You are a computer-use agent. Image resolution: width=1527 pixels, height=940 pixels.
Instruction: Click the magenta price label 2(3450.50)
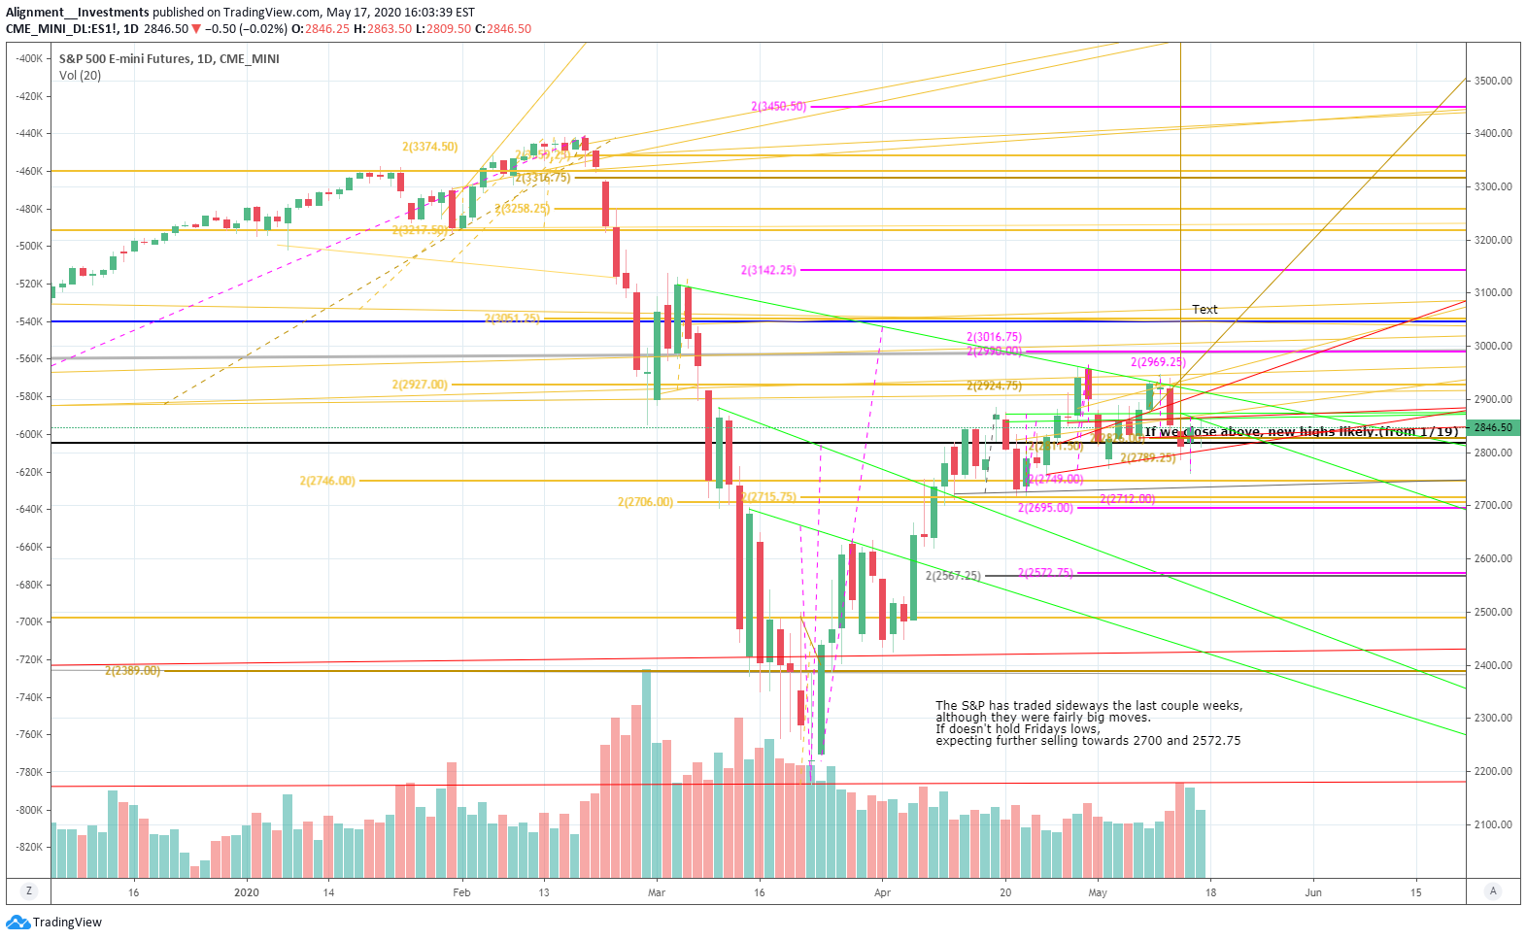pos(778,106)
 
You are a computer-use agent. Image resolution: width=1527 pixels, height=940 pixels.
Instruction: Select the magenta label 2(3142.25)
pos(768,270)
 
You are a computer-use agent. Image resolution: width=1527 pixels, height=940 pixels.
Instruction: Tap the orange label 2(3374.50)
pos(429,147)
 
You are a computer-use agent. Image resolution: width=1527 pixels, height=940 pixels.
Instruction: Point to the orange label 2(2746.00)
pos(327,481)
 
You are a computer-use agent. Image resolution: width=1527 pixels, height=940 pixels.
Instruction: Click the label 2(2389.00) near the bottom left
pos(132,670)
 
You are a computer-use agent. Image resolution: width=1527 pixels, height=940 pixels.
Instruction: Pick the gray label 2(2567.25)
pos(953,576)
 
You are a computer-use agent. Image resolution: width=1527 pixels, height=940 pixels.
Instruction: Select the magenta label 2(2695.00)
pos(1045,507)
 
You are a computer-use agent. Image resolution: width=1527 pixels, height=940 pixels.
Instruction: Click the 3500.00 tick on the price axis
pos(1493,81)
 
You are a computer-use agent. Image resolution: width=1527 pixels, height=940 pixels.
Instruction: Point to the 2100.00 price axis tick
pos(1493,824)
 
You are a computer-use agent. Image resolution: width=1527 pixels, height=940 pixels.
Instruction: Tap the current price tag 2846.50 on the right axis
pos(1493,427)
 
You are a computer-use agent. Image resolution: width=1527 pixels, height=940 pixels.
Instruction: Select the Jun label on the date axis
pos(1313,892)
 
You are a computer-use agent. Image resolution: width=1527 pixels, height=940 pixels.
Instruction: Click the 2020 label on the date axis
pos(247,892)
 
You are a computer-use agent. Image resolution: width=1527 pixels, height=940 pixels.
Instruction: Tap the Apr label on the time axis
pos(882,892)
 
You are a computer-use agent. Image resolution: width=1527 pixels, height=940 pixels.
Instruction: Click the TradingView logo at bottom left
pos(54,923)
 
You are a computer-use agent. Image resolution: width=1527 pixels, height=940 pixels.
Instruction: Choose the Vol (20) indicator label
pos(80,76)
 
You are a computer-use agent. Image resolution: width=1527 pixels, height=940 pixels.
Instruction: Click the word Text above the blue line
pos(1205,309)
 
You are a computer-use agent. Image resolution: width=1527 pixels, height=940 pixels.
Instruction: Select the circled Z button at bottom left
pos(29,891)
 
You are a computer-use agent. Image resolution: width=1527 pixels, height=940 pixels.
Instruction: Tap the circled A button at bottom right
pos(1493,891)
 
